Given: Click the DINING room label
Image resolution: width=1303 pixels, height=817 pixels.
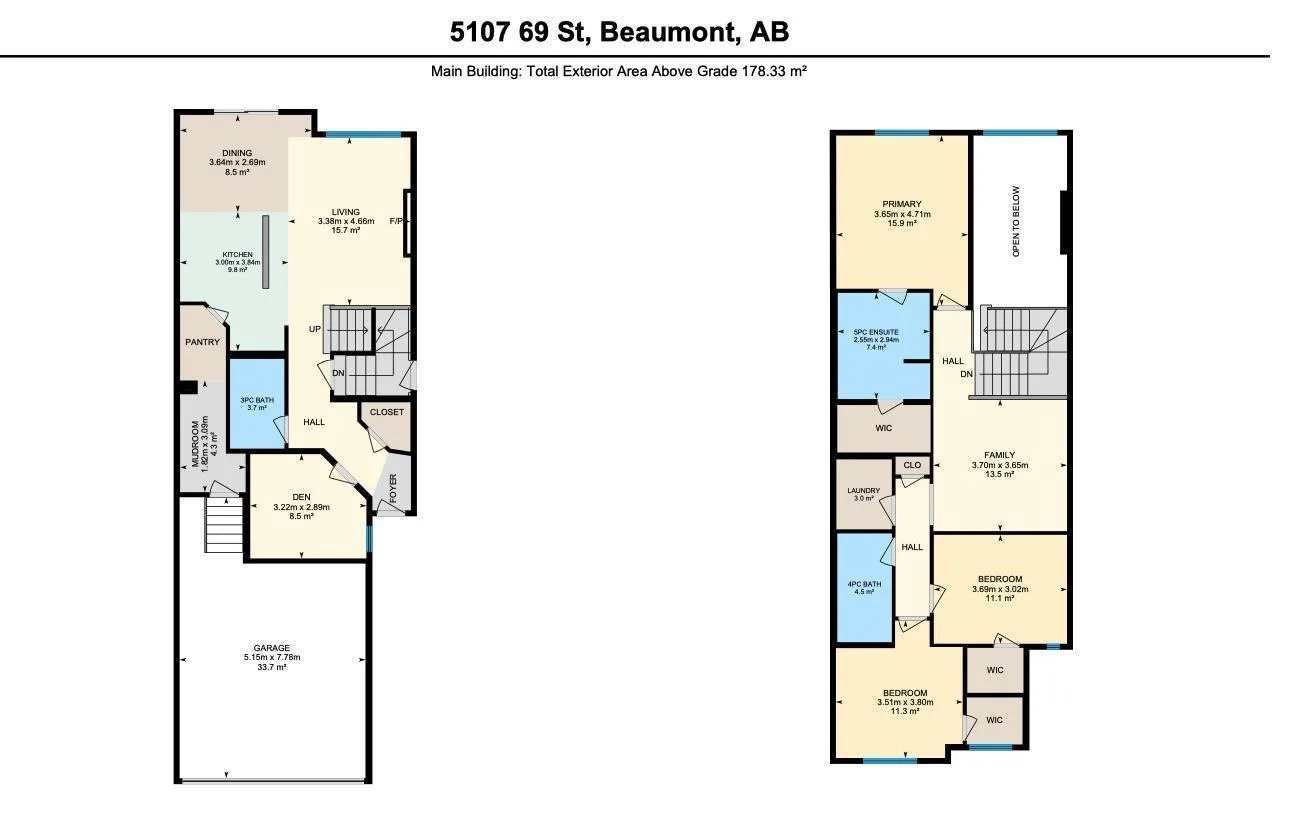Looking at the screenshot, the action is coord(237,153).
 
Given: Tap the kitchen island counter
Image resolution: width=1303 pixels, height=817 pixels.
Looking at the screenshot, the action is coord(265,252).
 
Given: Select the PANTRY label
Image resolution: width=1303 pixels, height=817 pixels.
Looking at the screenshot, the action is coord(202,342).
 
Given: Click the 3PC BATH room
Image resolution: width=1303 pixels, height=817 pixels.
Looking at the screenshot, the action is coord(257,404).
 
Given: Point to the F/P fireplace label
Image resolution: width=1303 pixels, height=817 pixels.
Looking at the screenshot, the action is coord(396,221).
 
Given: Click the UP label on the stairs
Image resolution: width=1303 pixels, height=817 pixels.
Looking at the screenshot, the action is coord(315,329).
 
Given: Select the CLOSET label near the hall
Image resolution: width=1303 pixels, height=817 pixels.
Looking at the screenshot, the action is coord(387,412).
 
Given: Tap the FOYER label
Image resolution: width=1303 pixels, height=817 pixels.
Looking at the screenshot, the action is coord(393,488).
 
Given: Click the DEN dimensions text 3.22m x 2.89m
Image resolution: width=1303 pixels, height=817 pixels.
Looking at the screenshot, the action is coord(301,507).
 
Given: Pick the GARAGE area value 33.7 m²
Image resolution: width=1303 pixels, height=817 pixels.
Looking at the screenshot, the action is coord(272,667).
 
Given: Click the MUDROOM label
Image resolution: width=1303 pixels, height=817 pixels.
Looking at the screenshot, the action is coord(196,444).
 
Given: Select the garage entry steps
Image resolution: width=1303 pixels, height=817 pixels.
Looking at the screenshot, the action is coord(223,524).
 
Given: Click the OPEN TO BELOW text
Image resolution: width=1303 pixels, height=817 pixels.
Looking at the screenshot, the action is coord(1016,222).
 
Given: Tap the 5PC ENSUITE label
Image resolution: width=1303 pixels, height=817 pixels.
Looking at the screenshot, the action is coord(876,332).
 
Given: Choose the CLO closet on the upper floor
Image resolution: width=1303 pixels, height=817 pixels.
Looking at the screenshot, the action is coord(912,465).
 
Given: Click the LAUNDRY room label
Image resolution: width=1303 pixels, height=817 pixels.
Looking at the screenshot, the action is coord(864,491).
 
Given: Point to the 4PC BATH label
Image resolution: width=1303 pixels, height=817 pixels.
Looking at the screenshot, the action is coord(864,584).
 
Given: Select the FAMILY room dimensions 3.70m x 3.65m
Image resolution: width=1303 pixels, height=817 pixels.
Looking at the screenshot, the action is coord(1000,465).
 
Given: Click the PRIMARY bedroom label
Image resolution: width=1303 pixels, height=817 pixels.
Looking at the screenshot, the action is coord(902,204).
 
